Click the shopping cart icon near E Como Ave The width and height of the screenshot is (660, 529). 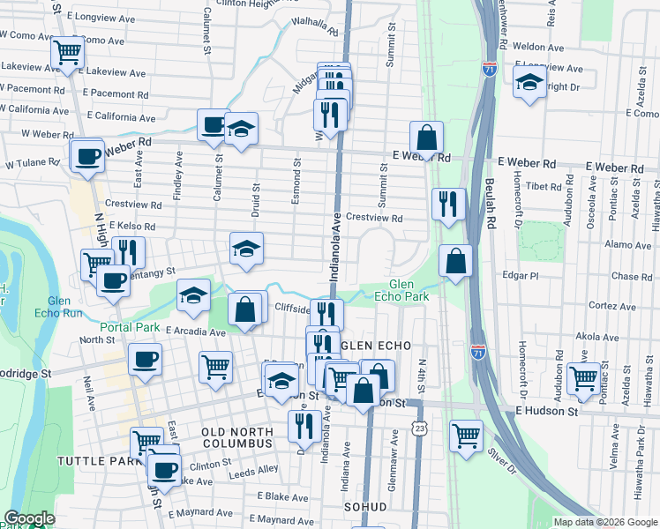(67, 51)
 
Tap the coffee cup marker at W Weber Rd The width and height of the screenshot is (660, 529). (86, 156)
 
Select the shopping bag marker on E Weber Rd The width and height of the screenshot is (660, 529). (426, 137)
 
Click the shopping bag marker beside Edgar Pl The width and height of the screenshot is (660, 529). (455, 260)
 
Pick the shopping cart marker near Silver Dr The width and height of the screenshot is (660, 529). (466, 434)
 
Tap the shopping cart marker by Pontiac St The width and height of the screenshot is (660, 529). (583, 377)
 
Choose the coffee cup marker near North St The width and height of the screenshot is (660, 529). (145, 359)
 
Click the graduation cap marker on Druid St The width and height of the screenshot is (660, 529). (247, 248)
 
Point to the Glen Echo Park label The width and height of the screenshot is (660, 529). (408, 290)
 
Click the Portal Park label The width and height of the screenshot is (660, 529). (128, 327)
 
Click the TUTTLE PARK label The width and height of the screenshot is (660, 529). (93, 461)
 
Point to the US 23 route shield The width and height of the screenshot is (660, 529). (421, 428)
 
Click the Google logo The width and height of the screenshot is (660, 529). (29, 519)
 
